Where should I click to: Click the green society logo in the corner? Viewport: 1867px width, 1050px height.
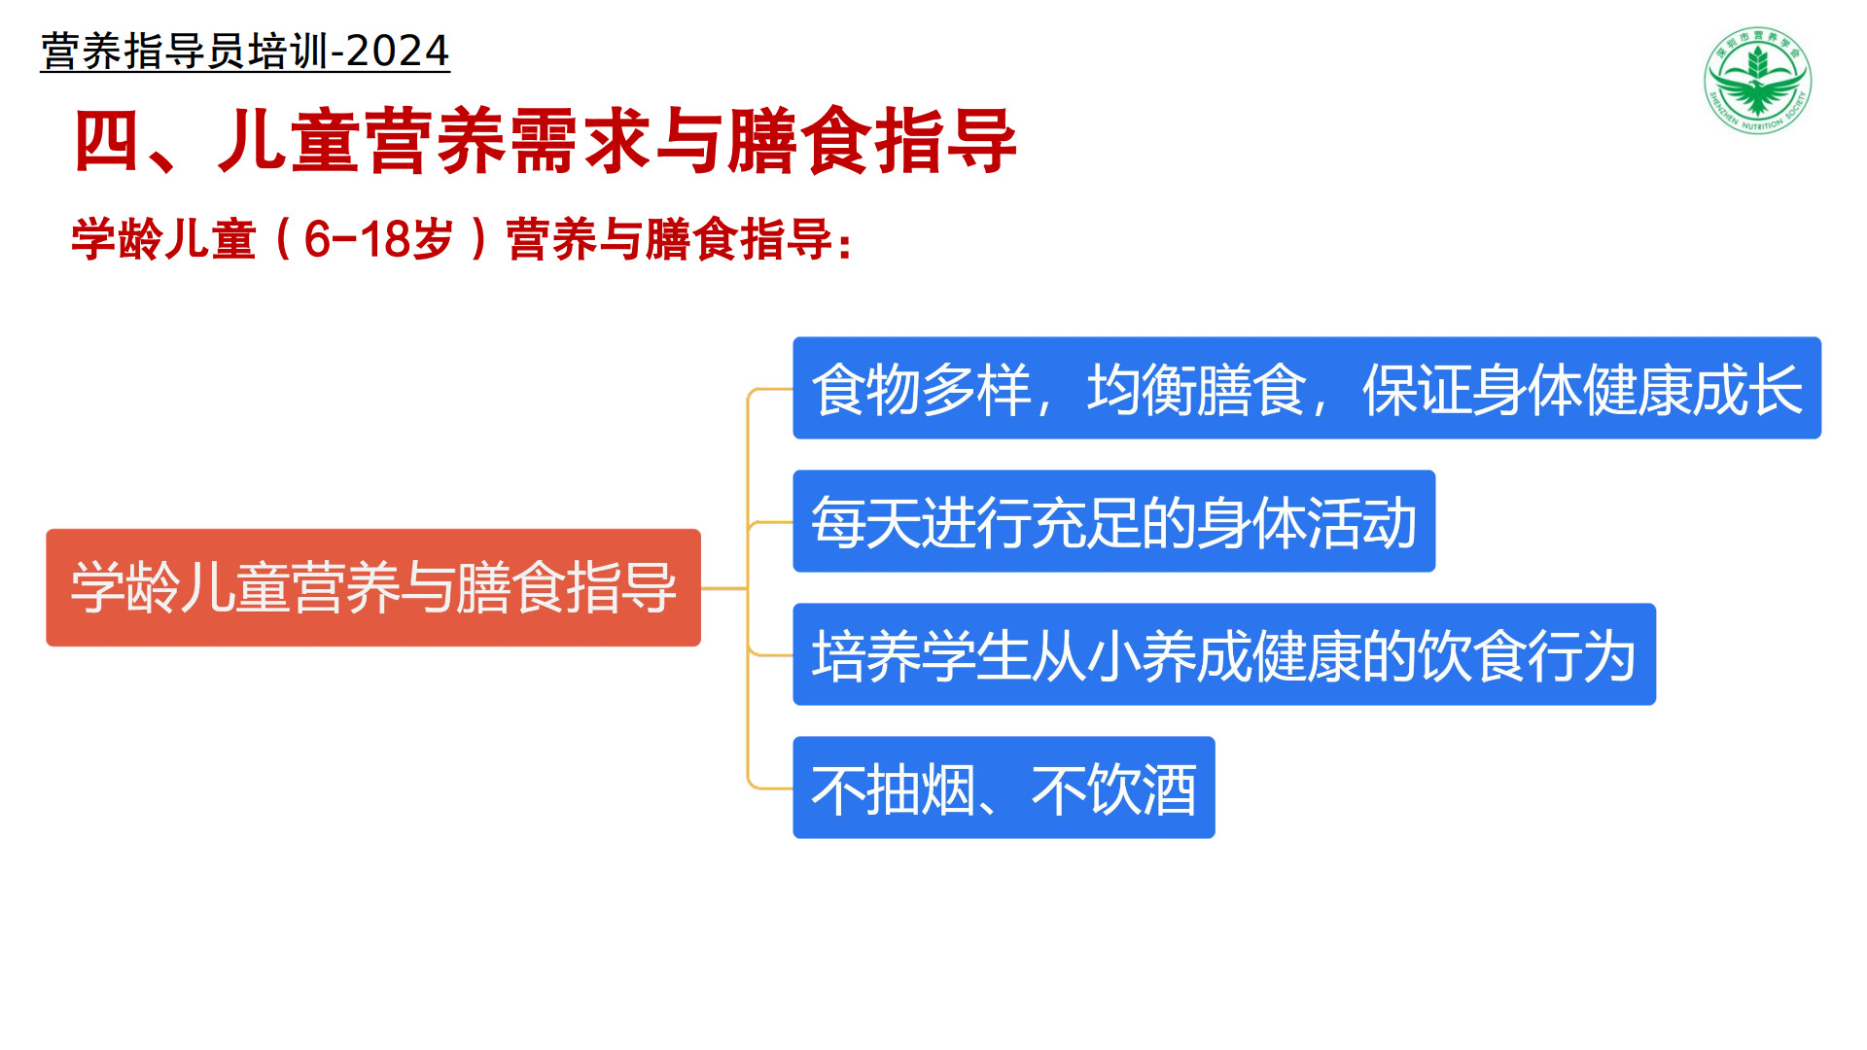tap(1758, 81)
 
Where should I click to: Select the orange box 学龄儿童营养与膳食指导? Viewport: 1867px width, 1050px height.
tap(373, 587)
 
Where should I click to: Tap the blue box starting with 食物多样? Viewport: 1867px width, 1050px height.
tap(1307, 388)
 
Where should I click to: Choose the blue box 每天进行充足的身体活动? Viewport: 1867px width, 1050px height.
tap(1114, 521)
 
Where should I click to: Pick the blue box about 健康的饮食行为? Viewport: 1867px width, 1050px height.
tap(1224, 654)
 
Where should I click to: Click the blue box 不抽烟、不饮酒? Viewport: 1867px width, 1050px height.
tap(1004, 787)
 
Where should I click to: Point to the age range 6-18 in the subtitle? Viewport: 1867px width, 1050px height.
tap(358, 239)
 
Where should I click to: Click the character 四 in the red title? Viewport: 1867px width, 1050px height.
tap(107, 141)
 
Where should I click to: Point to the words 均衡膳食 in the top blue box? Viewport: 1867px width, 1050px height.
tap(1196, 389)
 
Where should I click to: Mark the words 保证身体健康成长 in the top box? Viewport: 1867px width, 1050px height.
tap(1583, 389)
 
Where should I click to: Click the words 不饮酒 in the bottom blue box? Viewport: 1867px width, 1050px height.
tap(1114, 788)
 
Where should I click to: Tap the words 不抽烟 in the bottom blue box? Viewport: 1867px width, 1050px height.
tap(894, 788)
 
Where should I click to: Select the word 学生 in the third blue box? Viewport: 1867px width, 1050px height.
tap(976, 655)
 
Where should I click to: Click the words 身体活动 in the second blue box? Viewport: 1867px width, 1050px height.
tap(1307, 522)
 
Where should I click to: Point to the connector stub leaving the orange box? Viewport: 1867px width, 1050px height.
tap(724, 588)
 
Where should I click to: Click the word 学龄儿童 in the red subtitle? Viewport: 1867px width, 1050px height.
tap(163, 239)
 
